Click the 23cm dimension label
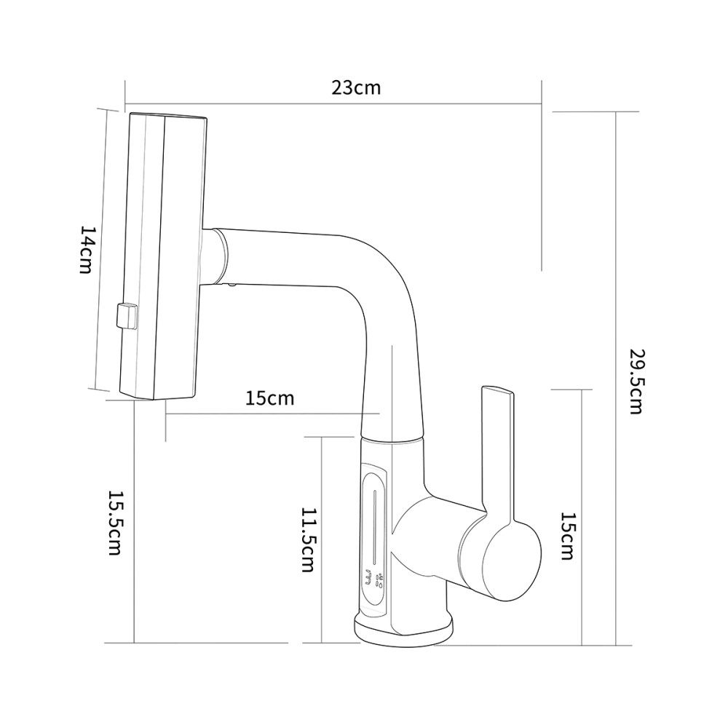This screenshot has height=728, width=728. pyautogui.click(x=356, y=88)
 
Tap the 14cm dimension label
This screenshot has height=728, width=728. pyautogui.click(x=87, y=250)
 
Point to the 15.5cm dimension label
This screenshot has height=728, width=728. pyautogui.click(x=115, y=523)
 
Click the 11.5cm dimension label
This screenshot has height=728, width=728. pyautogui.click(x=309, y=539)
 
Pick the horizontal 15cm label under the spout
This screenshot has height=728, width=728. pyautogui.click(x=270, y=398)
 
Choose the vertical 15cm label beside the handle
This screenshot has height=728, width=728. pyautogui.click(x=567, y=537)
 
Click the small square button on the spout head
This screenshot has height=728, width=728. pyautogui.click(x=127, y=316)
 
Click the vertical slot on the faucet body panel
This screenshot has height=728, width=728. pyautogui.click(x=373, y=525)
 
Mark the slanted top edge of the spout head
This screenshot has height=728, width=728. pyautogui.click(x=168, y=115)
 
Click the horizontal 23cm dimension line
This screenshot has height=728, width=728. pyautogui.click(x=333, y=104)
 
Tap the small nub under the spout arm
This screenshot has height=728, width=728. pyautogui.click(x=231, y=285)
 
